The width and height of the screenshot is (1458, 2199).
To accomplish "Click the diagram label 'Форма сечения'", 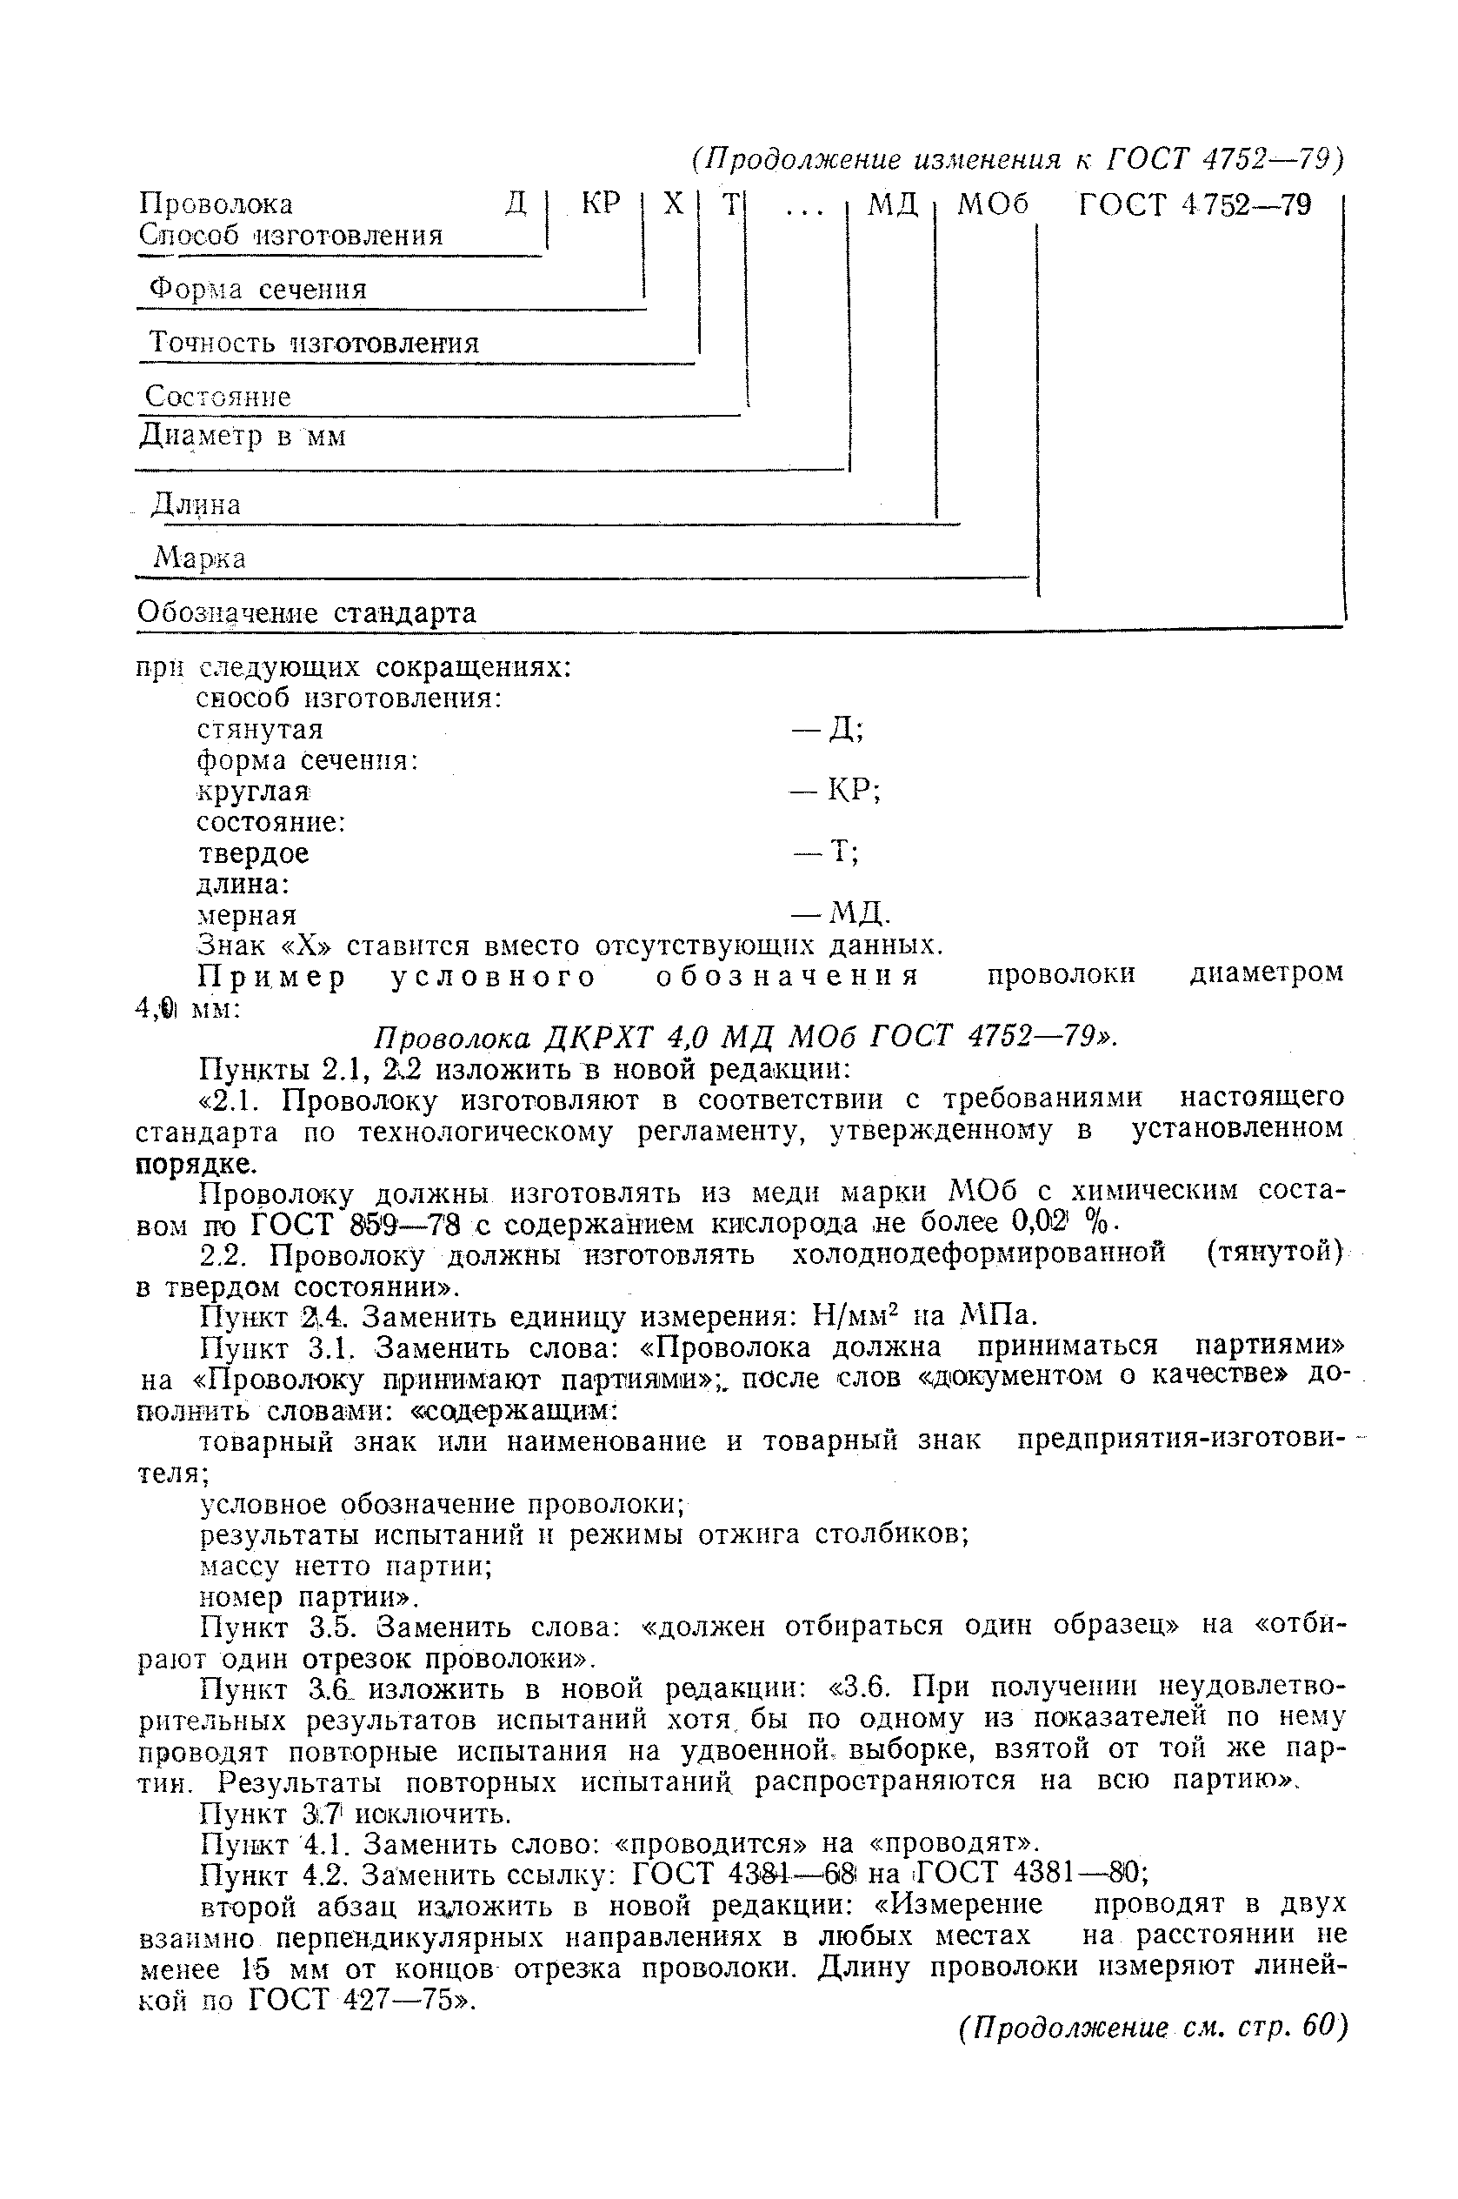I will pyautogui.click(x=258, y=290).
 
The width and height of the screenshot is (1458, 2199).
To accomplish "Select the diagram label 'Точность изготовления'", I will pyautogui.click(x=313, y=344).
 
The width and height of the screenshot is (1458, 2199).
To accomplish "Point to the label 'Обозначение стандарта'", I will pyautogui.click(x=306, y=612).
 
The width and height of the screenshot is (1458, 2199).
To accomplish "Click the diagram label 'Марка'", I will pyautogui.click(x=200, y=558).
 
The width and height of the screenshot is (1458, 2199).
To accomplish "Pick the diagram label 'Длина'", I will pyautogui.click(x=196, y=505).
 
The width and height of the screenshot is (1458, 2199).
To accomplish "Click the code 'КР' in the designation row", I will pyautogui.click(x=600, y=204).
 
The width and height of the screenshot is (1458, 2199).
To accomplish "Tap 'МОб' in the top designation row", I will pyautogui.click(x=993, y=204).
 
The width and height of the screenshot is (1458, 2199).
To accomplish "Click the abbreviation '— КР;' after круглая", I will pyautogui.click(x=836, y=791).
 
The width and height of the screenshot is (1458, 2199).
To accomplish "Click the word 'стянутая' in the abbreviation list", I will pyautogui.click(x=259, y=729).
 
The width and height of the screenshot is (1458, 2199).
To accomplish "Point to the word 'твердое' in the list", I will pyautogui.click(x=253, y=853).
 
